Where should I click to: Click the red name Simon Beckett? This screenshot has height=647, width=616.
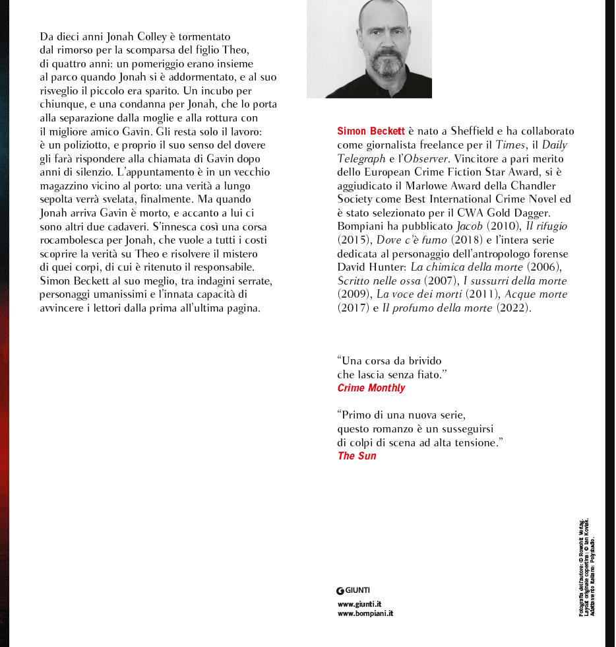[x=371, y=131]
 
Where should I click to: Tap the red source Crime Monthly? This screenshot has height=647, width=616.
[x=371, y=388]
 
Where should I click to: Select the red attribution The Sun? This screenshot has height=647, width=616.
[x=357, y=456]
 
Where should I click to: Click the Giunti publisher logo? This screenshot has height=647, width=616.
[x=353, y=590]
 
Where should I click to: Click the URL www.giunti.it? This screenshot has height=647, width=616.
[x=359, y=604]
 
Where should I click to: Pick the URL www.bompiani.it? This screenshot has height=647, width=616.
[x=365, y=613]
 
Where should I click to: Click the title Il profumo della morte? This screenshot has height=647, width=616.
[x=437, y=308]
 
